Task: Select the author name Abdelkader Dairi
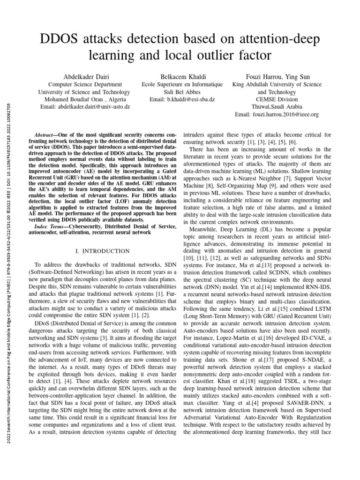pos(84,77)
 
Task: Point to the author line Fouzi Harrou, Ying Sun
pos(277,77)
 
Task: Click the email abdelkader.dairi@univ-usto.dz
pos(84,107)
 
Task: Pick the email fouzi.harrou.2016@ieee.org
pos(277,114)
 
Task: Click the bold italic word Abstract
pos(45,134)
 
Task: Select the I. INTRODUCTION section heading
pos(103,252)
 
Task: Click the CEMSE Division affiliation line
pos(277,99)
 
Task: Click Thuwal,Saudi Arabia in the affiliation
pos(277,107)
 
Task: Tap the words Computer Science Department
pos(84,85)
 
